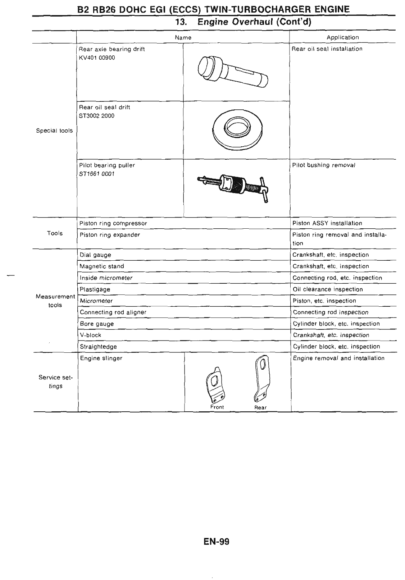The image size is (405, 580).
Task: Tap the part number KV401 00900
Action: (x=97, y=58)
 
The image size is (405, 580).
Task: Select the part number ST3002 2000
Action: (x=97, y=116)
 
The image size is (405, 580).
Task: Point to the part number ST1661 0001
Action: (x=97, y=174)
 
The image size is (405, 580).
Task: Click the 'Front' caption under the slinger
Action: (x=217, y=407)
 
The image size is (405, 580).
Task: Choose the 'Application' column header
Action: (x=342, y=37)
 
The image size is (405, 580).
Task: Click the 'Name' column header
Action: (x=183, y=37)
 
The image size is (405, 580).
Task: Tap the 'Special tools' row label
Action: (x=54, y=131)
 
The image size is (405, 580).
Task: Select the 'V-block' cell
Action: (x=91, y=335)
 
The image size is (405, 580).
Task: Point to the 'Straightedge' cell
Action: (x=98, y=347)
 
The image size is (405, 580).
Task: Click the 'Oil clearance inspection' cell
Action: (x=328, y=289)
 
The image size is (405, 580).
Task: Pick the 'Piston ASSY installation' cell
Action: (x=327, y=223)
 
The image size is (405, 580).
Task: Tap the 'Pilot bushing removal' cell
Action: (x=323, y=165)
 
